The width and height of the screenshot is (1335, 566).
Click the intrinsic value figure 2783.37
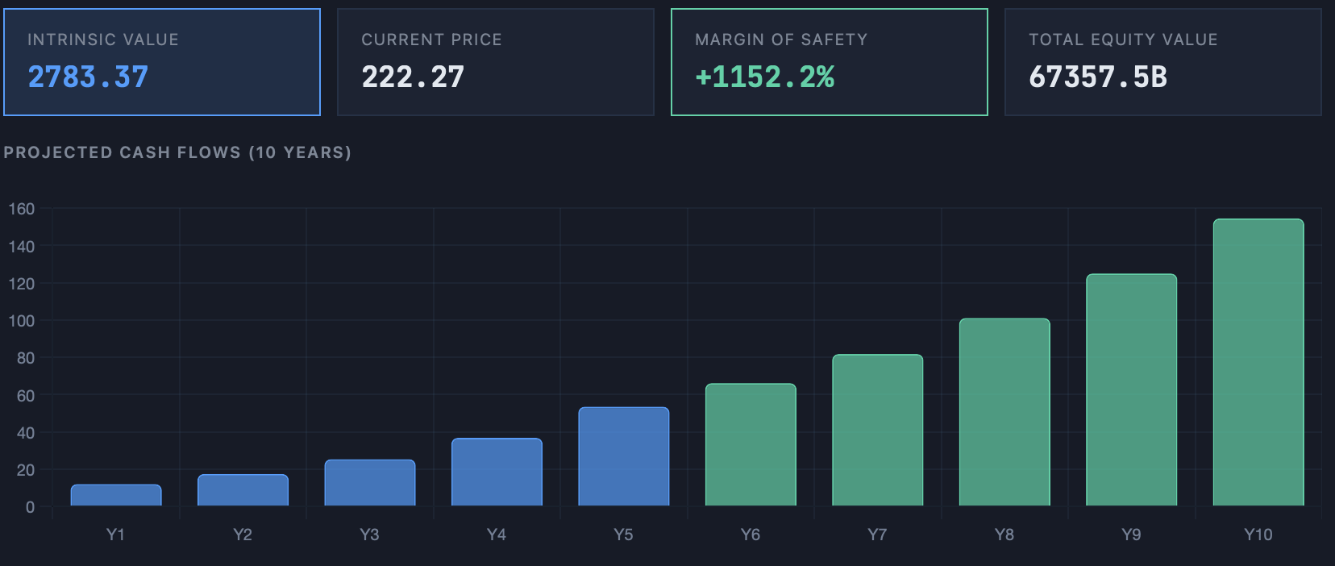tap(88, 77)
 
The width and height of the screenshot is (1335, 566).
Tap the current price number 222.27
tap(413, 77)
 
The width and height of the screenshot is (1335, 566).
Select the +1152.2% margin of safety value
tap(765, 77)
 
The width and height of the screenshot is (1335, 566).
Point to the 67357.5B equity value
tap(1098, 77)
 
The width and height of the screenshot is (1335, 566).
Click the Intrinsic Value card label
tap(103, 40)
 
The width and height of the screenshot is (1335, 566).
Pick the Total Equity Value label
tap(1124, 40)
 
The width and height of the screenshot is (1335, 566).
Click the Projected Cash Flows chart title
tap(177, 152)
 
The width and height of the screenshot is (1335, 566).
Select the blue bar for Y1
tap(116, 495)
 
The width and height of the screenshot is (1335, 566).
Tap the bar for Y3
tap(370, 483)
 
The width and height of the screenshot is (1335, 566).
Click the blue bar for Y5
tap(624, 456)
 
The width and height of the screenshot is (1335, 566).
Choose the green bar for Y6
tap(751, 444)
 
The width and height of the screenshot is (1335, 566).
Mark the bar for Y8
tap(1004, 412)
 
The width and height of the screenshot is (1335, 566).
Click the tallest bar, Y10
tap(1258, 362)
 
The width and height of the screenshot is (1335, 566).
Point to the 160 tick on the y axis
tap(22, 209)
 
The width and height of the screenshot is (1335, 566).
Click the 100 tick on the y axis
tap(22, 321)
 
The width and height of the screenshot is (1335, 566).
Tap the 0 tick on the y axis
tap(30, 508)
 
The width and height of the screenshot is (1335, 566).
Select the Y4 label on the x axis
tap(497, 535)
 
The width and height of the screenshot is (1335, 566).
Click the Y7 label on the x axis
tap(877, 535)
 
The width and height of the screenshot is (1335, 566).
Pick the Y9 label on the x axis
tap(1131, 535)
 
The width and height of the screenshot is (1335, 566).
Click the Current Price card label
tap(431, 40)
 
